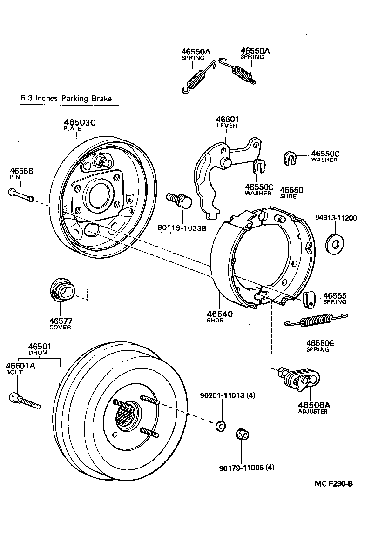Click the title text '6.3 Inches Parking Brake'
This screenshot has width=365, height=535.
tap(67, 99)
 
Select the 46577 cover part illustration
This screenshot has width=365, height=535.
tap(61, 291)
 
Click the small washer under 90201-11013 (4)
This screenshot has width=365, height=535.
tap(221, 425)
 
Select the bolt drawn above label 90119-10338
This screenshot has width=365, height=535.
tap(179, 201)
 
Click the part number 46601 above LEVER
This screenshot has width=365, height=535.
tap(227, 120)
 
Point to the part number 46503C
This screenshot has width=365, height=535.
tap(80, 123)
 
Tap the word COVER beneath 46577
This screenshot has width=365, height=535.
tap(61, 327)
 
